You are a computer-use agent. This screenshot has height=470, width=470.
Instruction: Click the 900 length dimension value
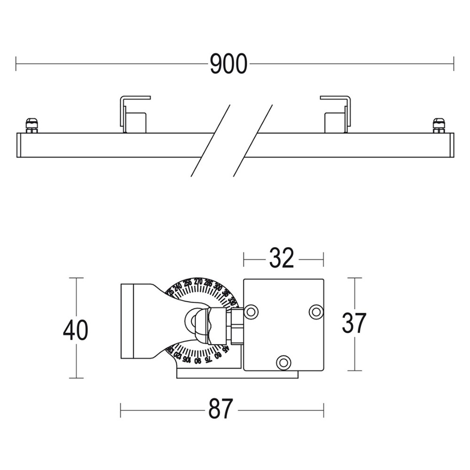click(x=228, y=64)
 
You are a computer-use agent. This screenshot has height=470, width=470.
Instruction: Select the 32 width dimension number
click(x=282, y=258)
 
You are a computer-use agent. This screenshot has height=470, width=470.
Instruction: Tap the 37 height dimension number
click(x=354, y=323)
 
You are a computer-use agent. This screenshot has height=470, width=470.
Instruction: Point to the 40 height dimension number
click(x=76, y=330)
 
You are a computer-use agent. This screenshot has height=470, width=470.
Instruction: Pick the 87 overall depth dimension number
click(x=221, y=410)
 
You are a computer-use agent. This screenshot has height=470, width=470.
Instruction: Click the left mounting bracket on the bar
click(x=134, y=115)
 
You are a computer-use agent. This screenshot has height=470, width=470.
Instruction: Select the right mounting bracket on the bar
click(x=336, y=115)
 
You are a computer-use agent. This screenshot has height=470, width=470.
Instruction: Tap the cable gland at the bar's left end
click(x=31, y=125)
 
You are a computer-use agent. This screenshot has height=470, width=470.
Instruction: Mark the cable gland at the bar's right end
click(x=439, y=125)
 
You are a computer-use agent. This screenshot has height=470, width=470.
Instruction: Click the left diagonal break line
click(x=210, y=141)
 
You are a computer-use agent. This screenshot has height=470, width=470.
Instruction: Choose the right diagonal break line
click(x=253, y=141)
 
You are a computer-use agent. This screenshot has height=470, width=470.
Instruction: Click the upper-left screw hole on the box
click(x=251, y=311)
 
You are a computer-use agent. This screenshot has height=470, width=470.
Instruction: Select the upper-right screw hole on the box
click(x=316, y=311)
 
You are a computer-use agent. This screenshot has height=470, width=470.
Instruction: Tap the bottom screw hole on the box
click(x=283, y=362)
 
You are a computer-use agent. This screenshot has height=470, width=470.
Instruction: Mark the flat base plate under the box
click(x=237, y=375)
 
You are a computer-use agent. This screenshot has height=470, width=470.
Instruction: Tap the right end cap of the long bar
click(x=451, y=145)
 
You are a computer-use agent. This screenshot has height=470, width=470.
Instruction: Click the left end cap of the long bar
click(x=19, y=145)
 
